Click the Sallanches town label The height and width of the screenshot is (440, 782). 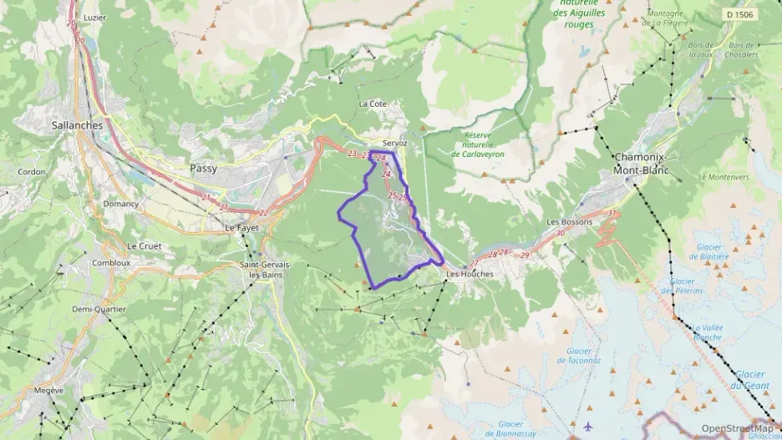click(x=77, y=125)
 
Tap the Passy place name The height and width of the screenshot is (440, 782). click(x=203, y=168)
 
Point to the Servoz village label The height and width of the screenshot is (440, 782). click(x=394, y=143)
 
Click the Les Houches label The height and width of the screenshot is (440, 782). click(x=470, y=273)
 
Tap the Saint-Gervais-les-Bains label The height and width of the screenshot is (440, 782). click(x=265, y=270)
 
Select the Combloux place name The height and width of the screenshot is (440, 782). click(x=111, y=262)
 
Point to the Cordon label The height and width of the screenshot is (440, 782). click(x=32, y=172)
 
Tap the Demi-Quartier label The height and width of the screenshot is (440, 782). click(x=99, y=309)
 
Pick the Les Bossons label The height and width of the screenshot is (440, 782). click(x=569, y=222)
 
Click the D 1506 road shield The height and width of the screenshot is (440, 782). click(x=739, y=14)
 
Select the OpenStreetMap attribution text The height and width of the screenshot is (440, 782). click(x=737, y=428)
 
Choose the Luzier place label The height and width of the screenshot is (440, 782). click(x=95, y=18)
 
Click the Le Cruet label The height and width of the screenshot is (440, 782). click(x=144, y=246)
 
